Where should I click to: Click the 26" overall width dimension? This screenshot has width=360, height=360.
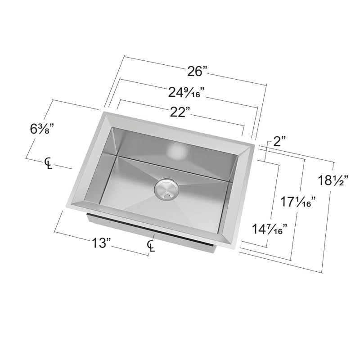click(x=198, y=71)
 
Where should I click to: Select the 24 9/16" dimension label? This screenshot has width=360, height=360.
click(x=186, y=93)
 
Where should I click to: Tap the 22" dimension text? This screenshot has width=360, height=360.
click(x=180, y=112)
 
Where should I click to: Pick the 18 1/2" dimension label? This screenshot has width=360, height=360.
click(x=333, y=181)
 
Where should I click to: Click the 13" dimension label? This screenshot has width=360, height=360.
click(x=101, y=243)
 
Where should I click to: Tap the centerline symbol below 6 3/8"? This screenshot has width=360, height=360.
click(x=48, y=163)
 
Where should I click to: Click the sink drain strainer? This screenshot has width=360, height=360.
click(x=166, y=189)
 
